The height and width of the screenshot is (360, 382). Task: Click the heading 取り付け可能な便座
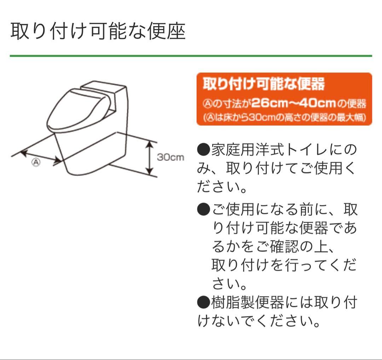click(x=98, y=32)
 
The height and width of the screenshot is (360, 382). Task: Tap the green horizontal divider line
click(x=191, y=56)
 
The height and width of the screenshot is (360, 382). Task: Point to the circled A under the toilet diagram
click(x=36, y=163)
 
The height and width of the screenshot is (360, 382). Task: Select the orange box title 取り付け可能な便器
click(x=264, y=85)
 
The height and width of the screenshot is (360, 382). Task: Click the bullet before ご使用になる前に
click(x=203, y=210)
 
